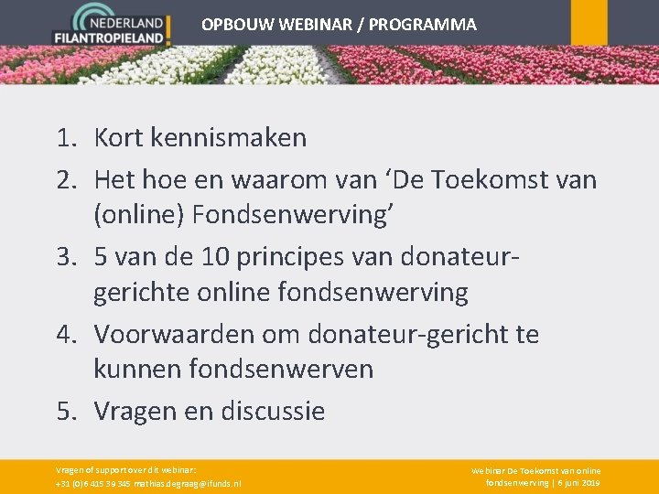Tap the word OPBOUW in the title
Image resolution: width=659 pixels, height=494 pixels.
click(233, 25)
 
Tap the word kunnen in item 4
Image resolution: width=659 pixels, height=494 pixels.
click(138, 370)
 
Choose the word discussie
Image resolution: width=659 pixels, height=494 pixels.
click(273, 411)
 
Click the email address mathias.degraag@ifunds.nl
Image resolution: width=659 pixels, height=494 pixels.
click(188, 483)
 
